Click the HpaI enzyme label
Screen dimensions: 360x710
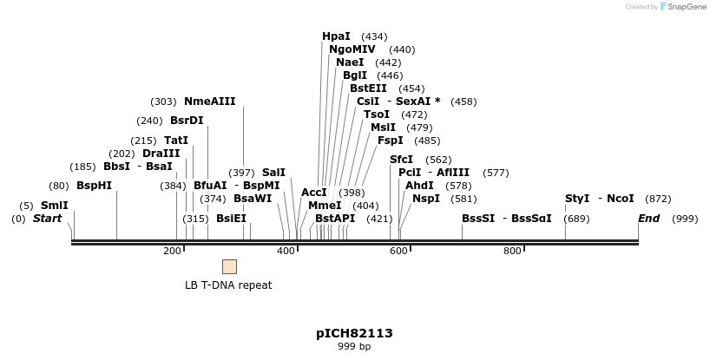(x=336, y=36)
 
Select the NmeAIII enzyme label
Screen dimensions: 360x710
(x=209, y=101)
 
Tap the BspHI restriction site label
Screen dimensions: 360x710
(x=94, y=186)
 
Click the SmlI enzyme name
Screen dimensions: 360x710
(x=54, y=206)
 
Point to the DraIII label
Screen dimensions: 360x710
(x=161, y=154)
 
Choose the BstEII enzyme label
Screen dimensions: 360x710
(x=368, y=88)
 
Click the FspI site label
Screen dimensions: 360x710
(x=391, y=141)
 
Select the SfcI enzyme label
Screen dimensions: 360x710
(x=401, y=160)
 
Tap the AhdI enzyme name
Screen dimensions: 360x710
(x=419, y=186)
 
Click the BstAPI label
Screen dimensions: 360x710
(x=335, y=219)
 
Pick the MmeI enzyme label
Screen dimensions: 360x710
(x=325, y=206)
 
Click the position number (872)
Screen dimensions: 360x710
(x=658, y=199)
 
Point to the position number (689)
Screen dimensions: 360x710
(x=576, y=219)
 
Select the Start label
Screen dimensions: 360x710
(x=47, y=219)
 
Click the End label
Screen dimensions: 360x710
(x=649, y=219)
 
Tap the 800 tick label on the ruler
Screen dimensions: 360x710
(x=512, y=252)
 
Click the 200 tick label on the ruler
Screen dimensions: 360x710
(x=172, y=252)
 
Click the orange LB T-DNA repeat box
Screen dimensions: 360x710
(x=229, y=266)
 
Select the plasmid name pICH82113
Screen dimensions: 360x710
(x=354, y=333)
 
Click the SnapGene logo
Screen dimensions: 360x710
(x=686, y=7)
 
